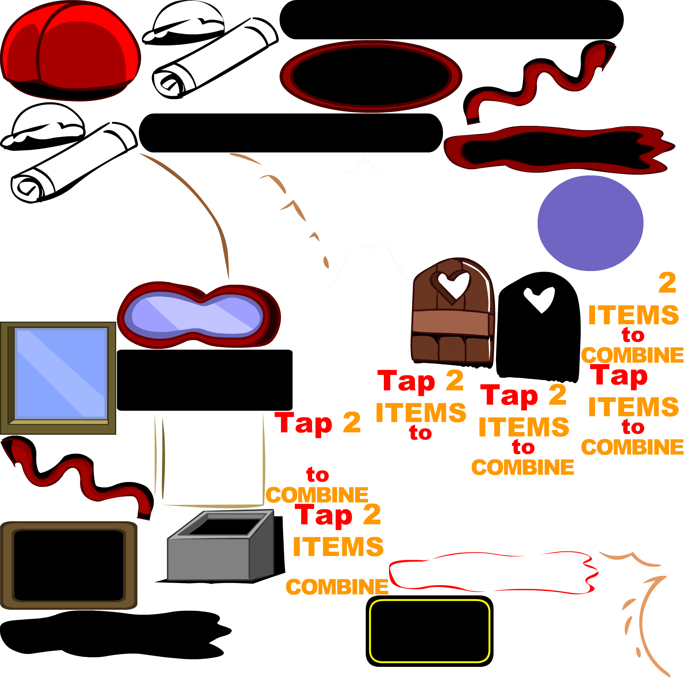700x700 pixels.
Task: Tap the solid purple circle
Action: pyautogui.click(x=590, y=223)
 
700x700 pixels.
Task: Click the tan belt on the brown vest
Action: pyautogui.click(x=453, y=322)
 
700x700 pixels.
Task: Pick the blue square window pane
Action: pyautogui.click(x=61, y=373)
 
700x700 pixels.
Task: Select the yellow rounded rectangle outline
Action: pyautogui.click(x=430, y=602)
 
